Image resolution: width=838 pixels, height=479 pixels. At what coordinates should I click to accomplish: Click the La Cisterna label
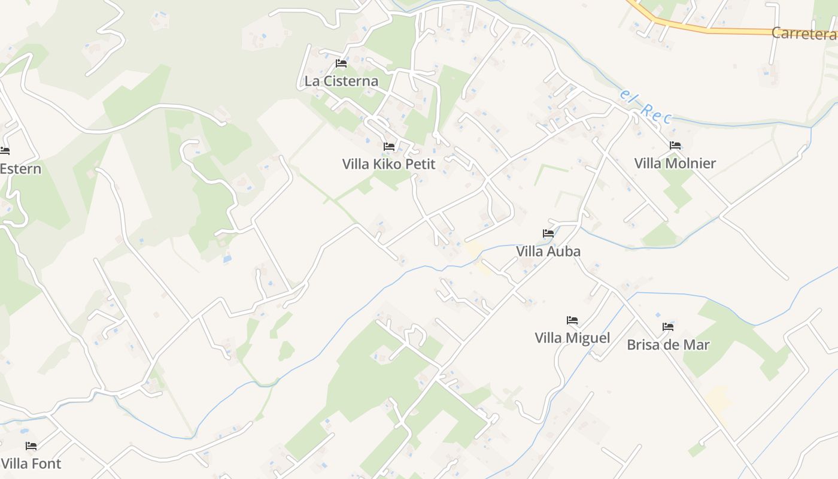[341, 81]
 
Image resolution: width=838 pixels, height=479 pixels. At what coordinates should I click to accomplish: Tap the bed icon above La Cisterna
[341, 63]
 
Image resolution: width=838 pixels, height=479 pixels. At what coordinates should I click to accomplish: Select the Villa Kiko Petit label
[388, 163]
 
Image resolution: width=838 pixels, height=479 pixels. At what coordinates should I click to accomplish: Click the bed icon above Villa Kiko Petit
[389, 146]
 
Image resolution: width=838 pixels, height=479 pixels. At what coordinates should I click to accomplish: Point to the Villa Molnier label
[675, 163]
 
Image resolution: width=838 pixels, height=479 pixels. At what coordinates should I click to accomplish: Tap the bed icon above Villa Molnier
[675, 145]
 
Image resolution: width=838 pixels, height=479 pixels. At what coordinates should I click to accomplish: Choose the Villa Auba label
[548, 251]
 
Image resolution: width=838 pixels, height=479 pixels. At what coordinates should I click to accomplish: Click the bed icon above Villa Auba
[548, 233]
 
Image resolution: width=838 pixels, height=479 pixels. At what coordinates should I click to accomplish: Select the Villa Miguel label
[572, 338]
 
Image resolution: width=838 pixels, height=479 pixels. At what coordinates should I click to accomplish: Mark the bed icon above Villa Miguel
[572, 320]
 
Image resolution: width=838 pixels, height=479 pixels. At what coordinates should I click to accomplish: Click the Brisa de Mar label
[668, 344]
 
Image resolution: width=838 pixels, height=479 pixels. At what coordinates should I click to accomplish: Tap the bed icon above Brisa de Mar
[668, 326]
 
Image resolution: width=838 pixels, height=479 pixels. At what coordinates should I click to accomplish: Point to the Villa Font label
[31, 463]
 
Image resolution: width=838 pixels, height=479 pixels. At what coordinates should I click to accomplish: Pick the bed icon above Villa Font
[31, 445]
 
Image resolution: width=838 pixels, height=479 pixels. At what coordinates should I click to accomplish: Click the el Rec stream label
[646, 108]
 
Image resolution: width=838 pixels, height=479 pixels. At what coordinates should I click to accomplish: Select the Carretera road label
[803, 34]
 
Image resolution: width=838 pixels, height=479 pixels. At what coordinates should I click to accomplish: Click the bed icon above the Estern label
[5, 150]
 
